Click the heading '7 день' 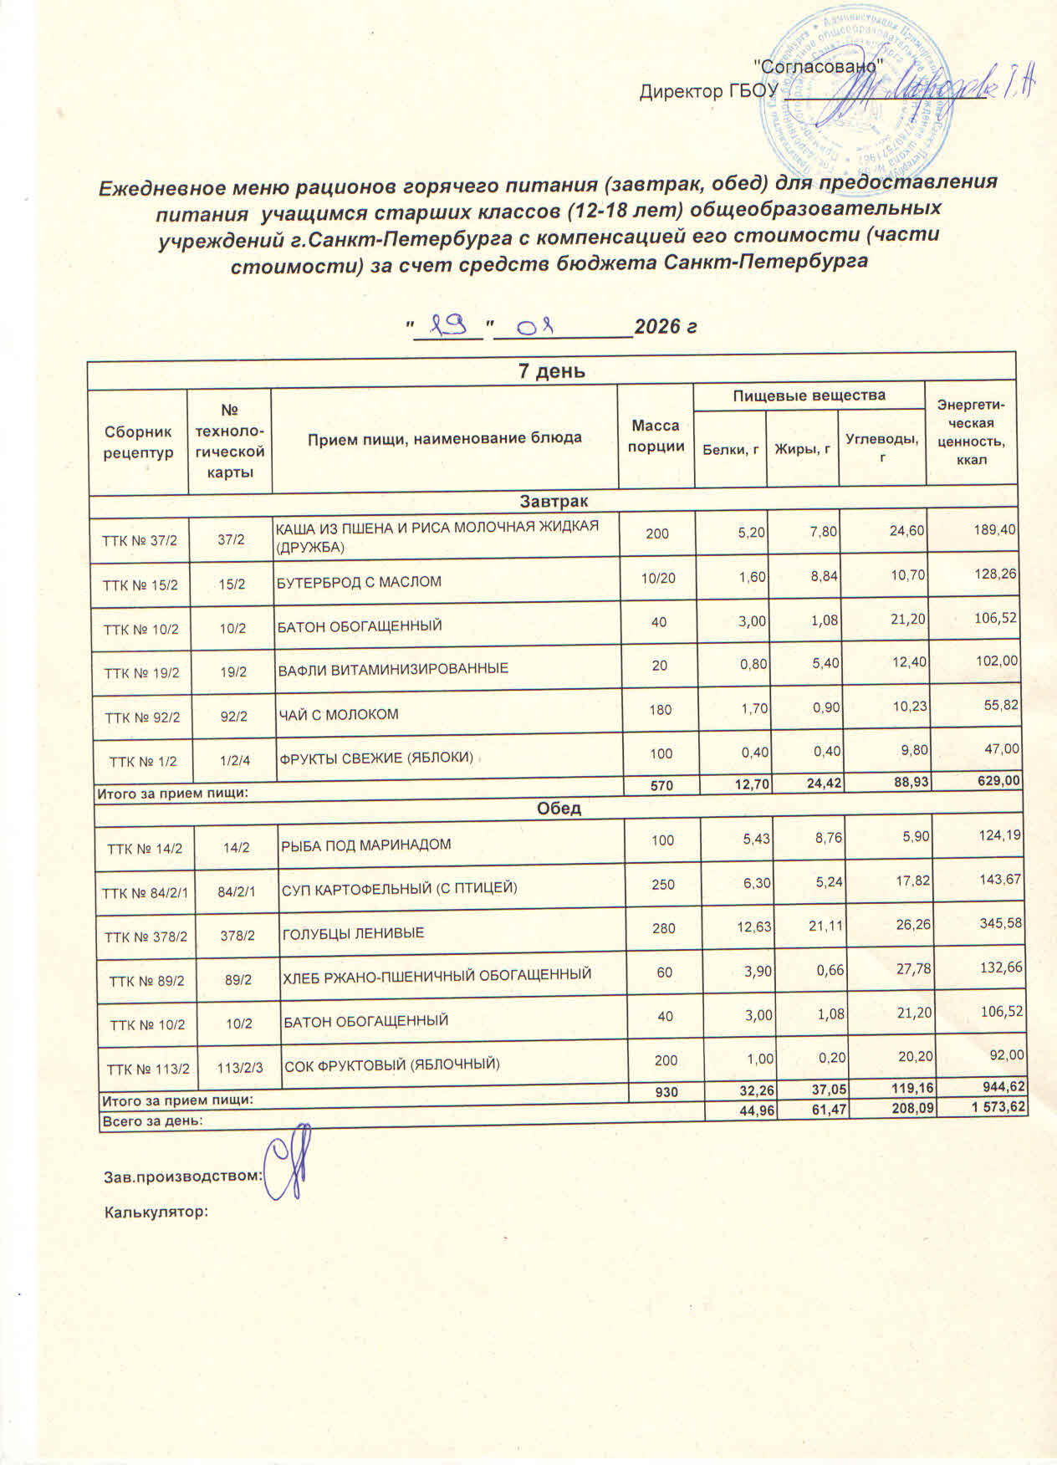pyautogui.click(x=552, y=371)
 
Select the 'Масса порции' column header pyautogui.click(x=656, y=436)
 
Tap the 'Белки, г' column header pyautogui.click(x=730, y=450)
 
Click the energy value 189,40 pyautogui.click(x=995, y=529)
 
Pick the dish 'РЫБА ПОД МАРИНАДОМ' pyautogui.click(x=365, y=845)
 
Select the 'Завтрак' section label pyautogui.click(x=554, y=501)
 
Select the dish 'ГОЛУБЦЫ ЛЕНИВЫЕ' pyautogui.click(x=353, y=932)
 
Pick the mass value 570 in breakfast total pyautogui.click(x=660, y=784)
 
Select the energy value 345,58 pyautogui.click(x=998, y=924)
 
